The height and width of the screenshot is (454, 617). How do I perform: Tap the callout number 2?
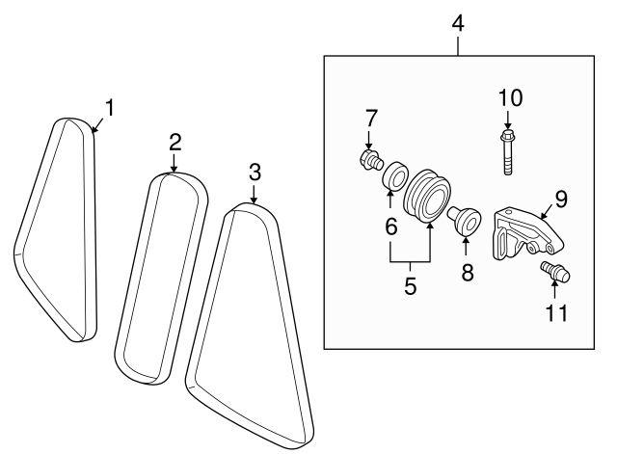[x=175, y=143]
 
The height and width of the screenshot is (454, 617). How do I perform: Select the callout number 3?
[x=255, y=173]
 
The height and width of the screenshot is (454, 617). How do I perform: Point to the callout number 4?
[x=459, y=22]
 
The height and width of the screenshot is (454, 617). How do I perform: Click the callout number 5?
[x=410, y=286]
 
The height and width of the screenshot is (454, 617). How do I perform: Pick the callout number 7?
[x=370, y=118]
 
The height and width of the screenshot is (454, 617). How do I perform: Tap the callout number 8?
[x=468, y=273]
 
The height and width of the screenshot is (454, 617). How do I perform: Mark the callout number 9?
[x=560, y=200]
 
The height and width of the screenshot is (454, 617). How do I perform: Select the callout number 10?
[x=509, y=97]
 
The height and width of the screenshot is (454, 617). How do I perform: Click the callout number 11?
[x=558, y=312]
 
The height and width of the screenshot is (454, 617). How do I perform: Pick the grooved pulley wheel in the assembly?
[x=426, y=197]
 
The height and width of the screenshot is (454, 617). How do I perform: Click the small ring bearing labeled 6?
[x=394, y=179]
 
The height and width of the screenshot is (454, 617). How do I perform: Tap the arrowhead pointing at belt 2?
[x=174, y=170]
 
